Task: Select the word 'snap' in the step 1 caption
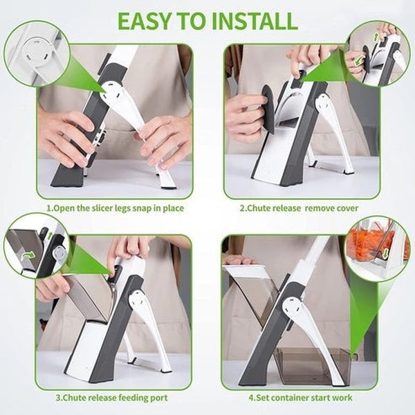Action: [149, 207]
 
